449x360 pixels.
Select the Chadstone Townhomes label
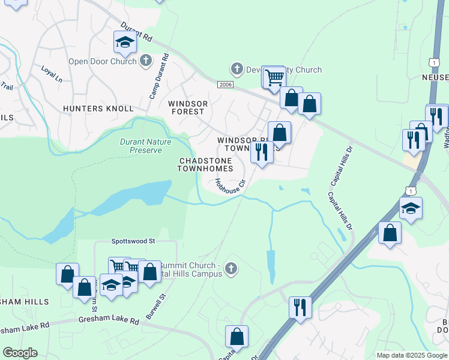(x=205, y=165)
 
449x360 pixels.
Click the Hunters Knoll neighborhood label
(x=98, y=109)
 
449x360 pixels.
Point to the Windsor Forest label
(x=188, y=107)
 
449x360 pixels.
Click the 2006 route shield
(x=225, y=85)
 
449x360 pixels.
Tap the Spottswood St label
(x=133, y=241)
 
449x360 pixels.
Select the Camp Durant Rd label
(x=160, y=77)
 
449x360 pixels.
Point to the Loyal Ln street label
(x=52, y=74)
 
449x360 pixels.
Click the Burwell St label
(x=154, y=306)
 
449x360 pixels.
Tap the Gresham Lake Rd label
(x=109, y=322)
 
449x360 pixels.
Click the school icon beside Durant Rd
(x=125, y=42)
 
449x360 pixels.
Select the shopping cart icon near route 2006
(x=274, y=77)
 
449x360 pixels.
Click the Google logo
(x=20, y=353)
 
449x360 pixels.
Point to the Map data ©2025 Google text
(x=411, y=355)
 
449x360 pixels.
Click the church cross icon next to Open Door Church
(x=145, y=61)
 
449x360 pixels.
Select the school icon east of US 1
(x=411, y=208)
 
